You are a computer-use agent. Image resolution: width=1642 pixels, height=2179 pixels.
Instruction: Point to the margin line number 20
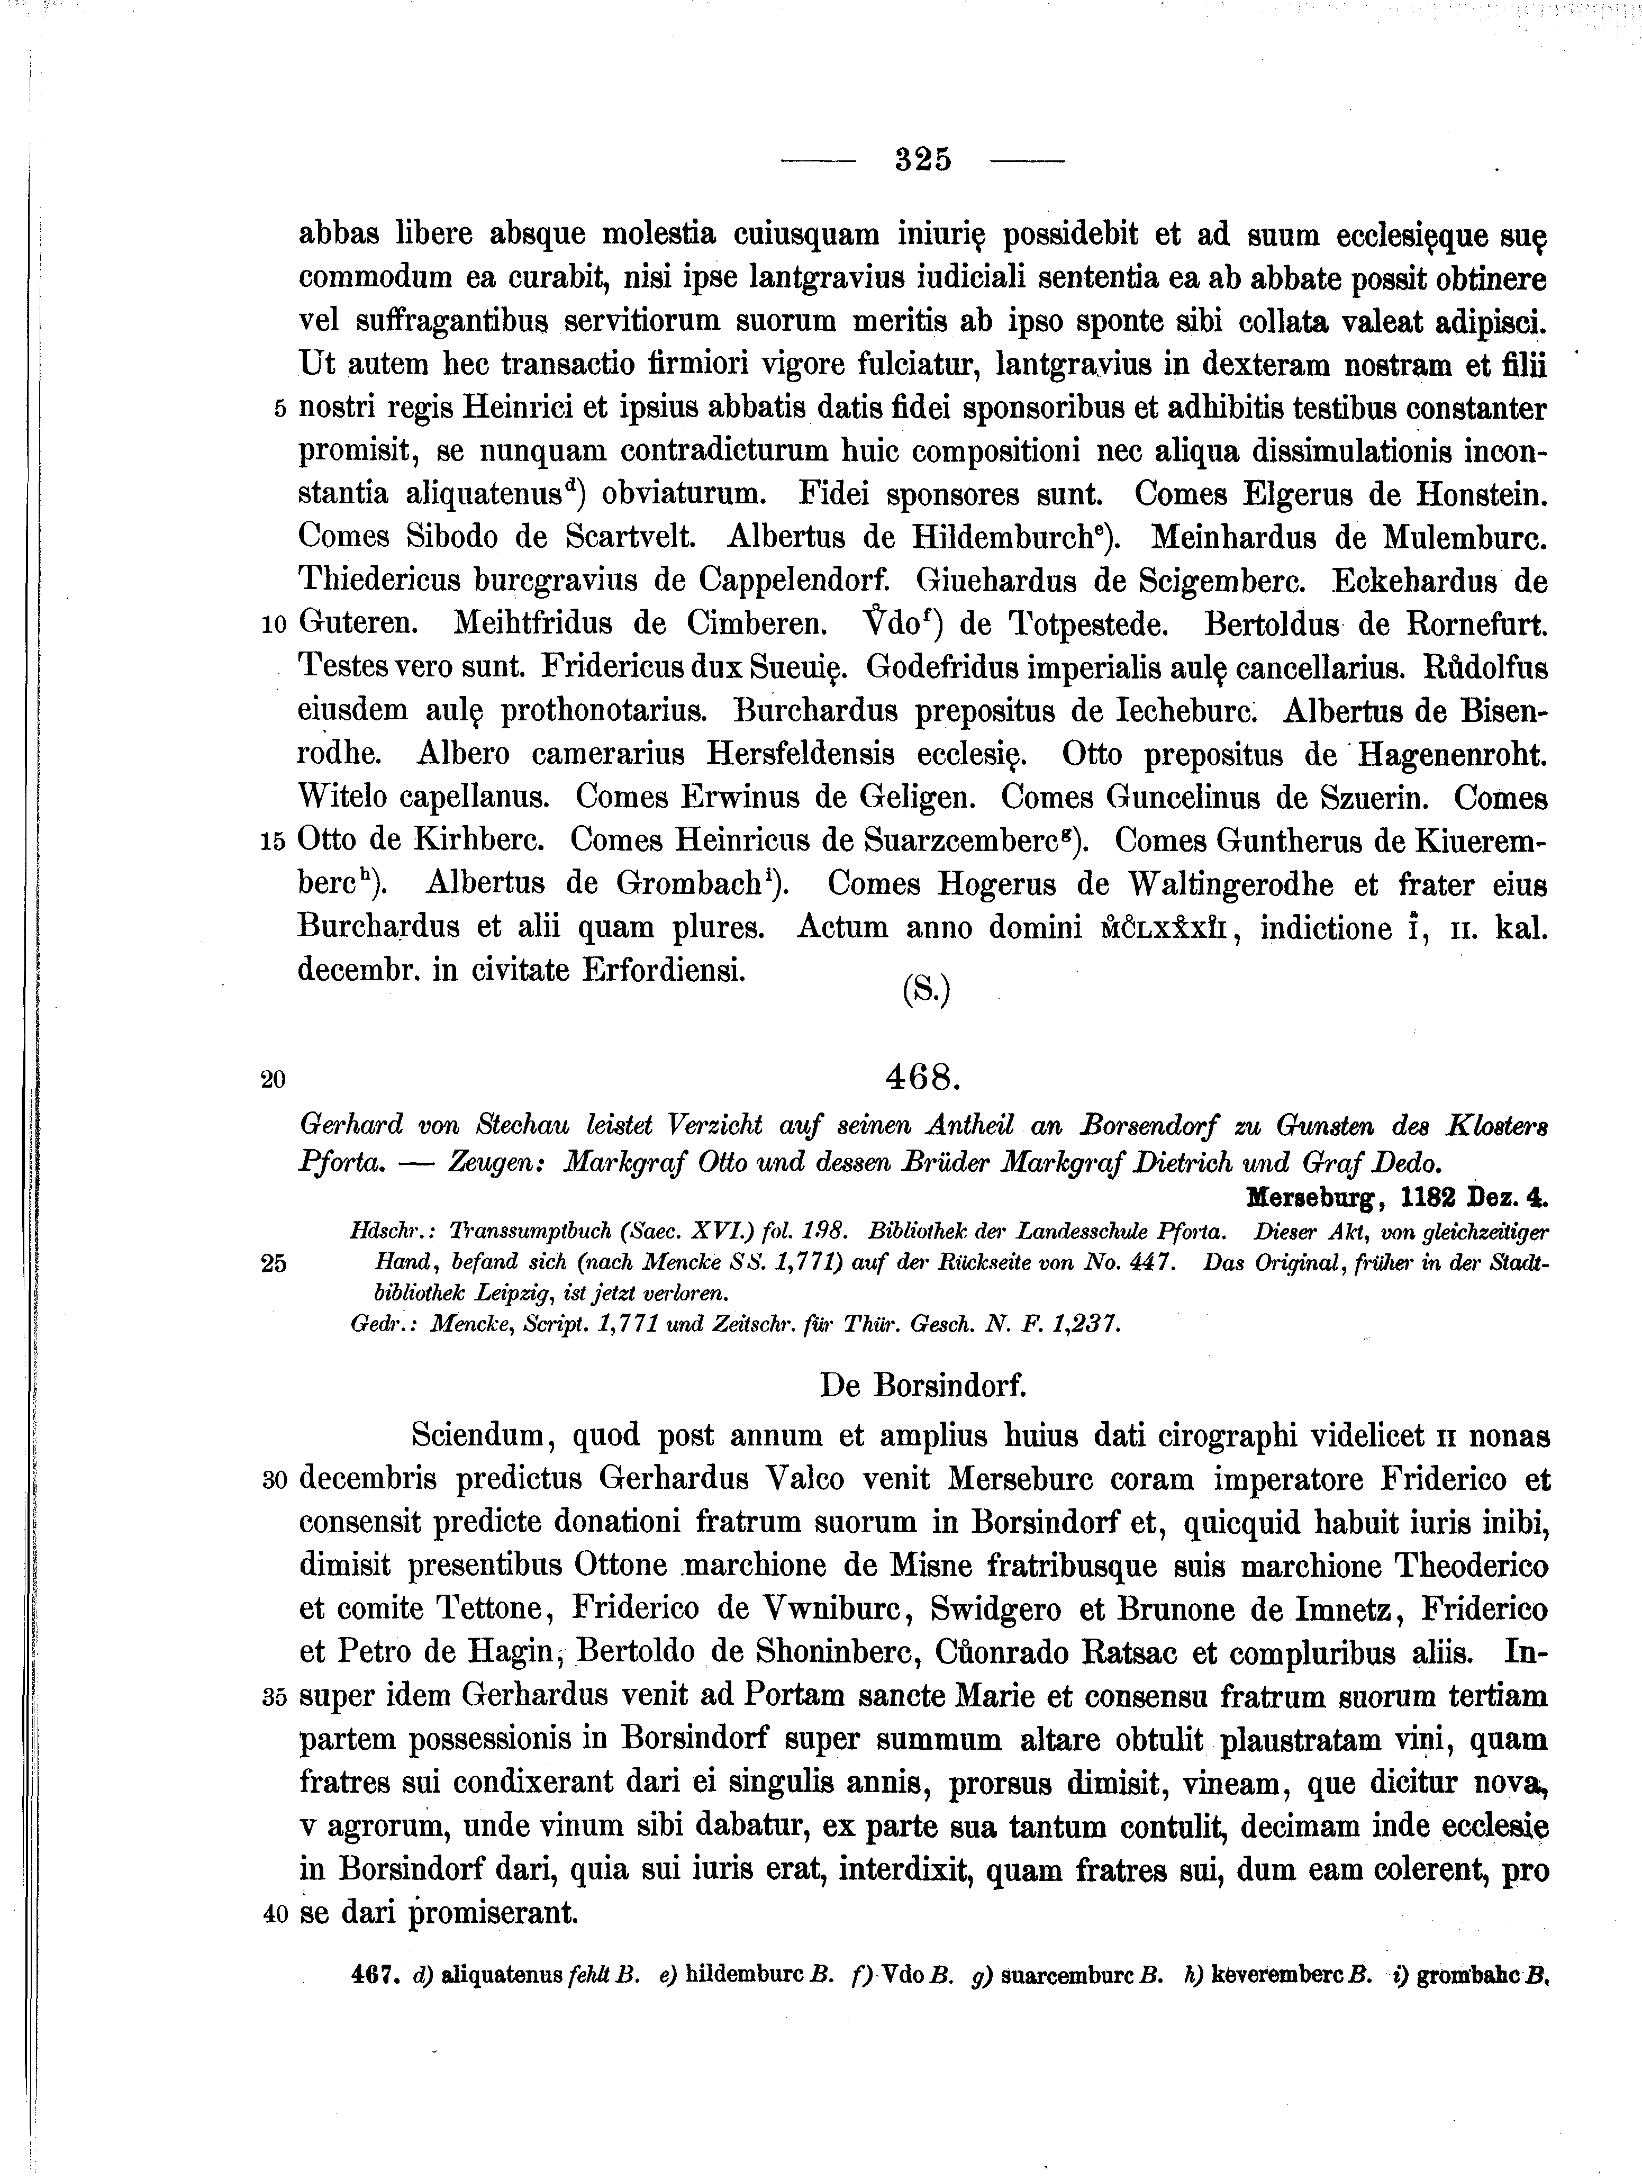point(274,1080)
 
